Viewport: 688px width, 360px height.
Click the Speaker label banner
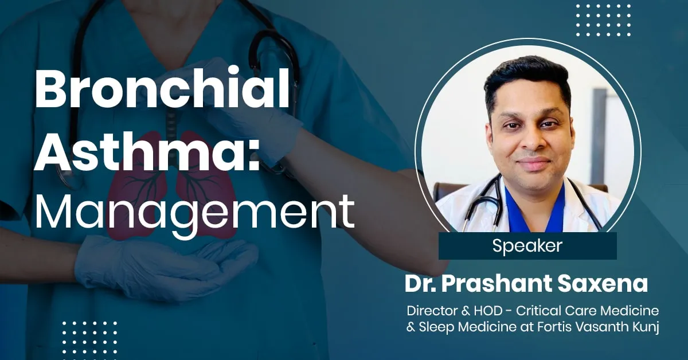click(x=527, y=246)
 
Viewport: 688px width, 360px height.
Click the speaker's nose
click(x=533, y=146)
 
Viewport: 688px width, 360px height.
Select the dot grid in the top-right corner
click(x=603, y=21)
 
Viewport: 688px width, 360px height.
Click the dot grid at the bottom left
click(x=89, y=338)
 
